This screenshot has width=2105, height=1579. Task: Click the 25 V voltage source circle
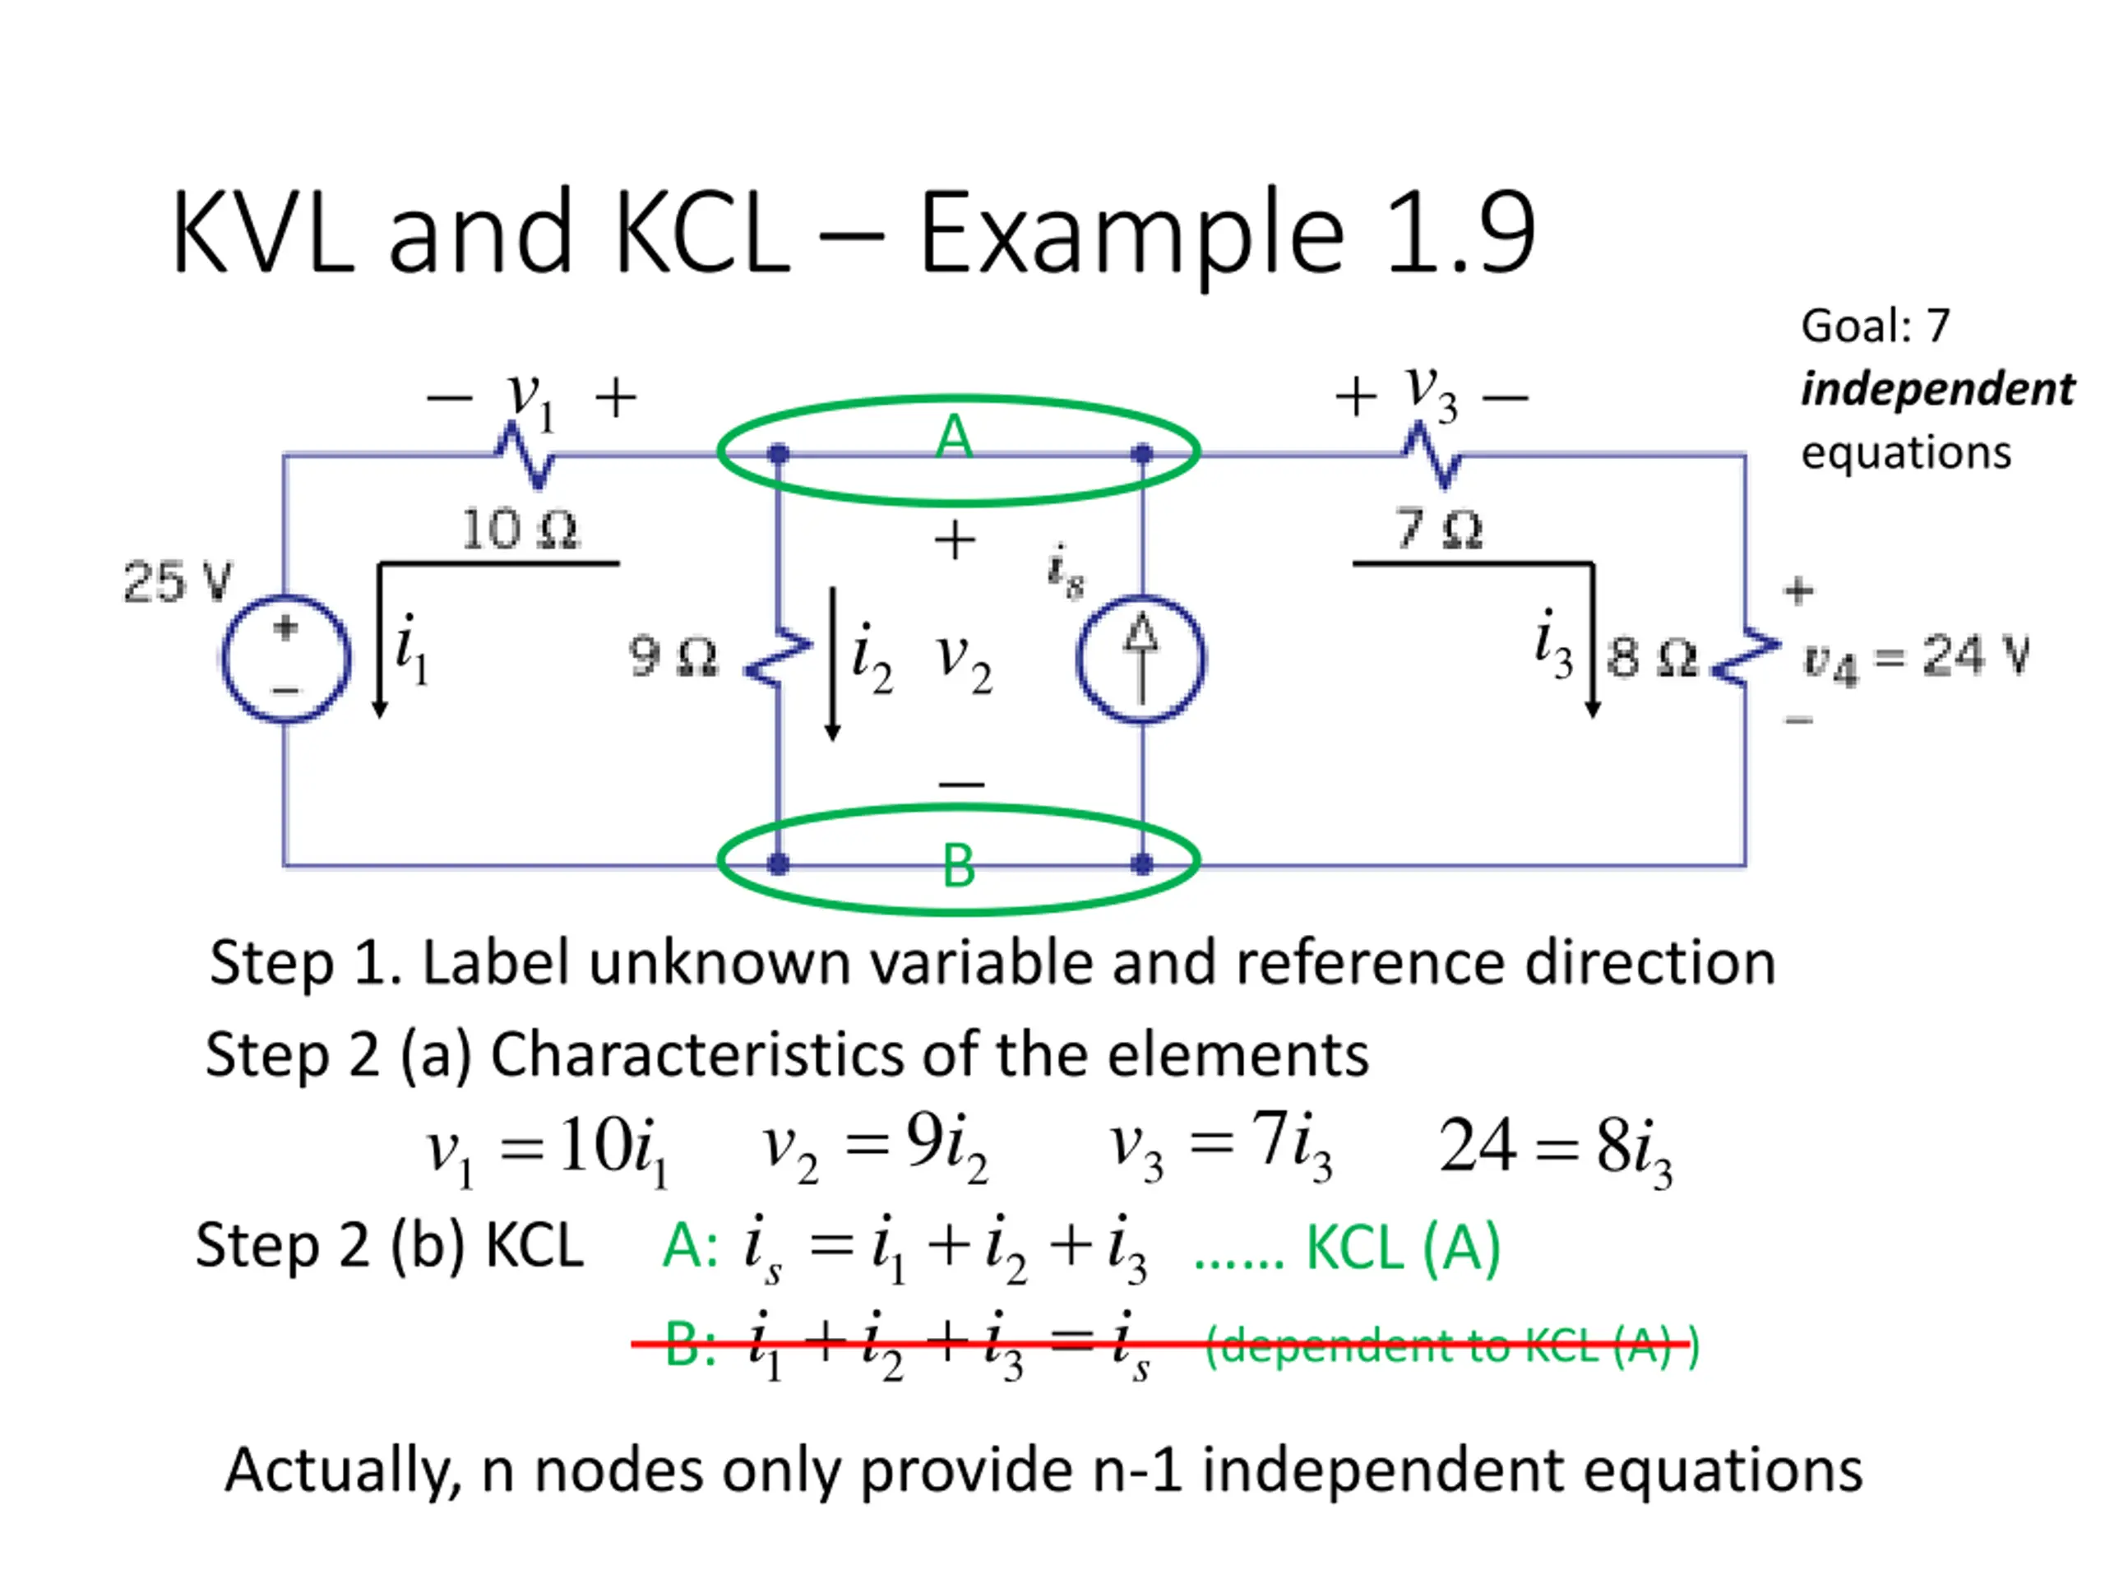pyautogui.click(x=285, y=659)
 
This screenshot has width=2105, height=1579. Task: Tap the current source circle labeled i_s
pyautogui.click(x=1141, y=659)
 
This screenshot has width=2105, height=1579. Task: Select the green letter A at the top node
pyautogui.click(x=955, y=437)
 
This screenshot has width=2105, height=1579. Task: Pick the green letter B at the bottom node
pyautogui.click(x=958, y=866)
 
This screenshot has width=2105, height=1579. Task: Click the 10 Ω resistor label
pyautogui.click(x=520, y=528)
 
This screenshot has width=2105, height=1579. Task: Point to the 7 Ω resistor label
pyautogui.click(x=1438, y=528)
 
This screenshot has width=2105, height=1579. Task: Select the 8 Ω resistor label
pyautogui.click(x=1652, y=657)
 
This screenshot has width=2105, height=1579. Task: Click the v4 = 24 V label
pyautogui.click(x=1916, y=659)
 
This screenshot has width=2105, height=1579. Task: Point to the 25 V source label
pyautogui.click(x=178, y=581)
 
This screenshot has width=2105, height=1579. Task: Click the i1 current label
pyautogui.click(x=411, y=649)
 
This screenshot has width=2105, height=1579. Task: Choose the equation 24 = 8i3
pyautogui.click(x=1555, y=1150)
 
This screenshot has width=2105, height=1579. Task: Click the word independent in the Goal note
pyautogui.click(x=1937, y=389)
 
